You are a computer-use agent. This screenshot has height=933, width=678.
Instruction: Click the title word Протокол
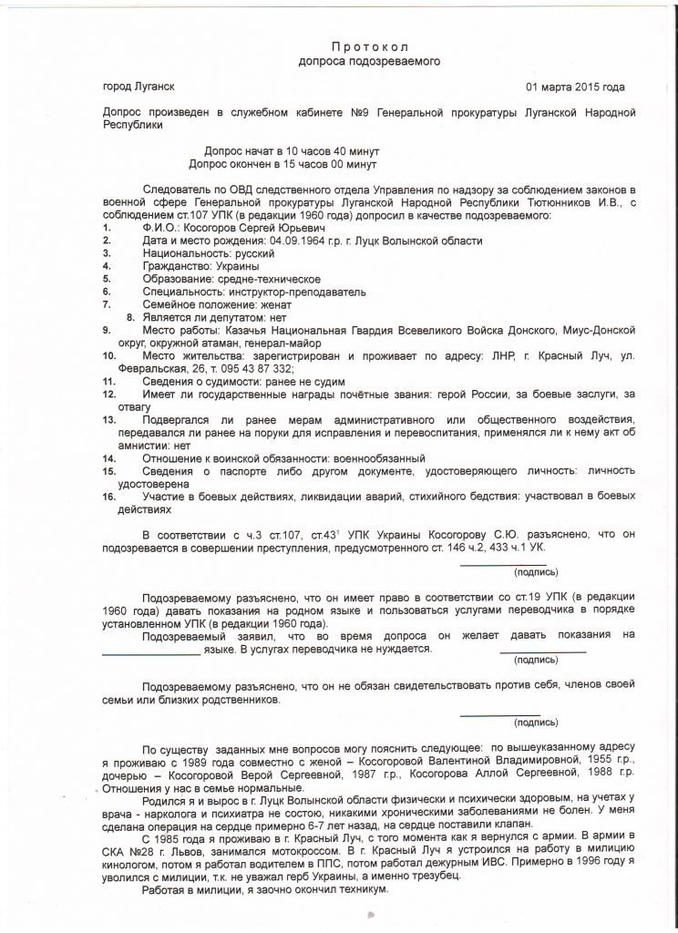tap(369, 46)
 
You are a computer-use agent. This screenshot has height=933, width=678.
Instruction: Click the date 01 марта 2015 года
tap(576, 87)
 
